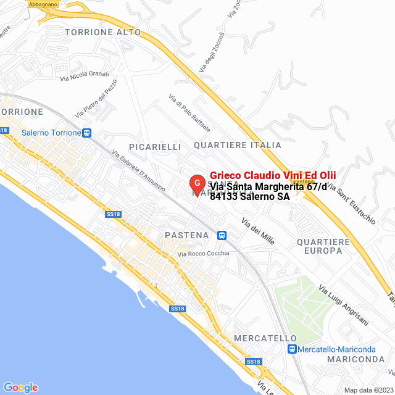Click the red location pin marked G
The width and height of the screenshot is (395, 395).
click(196, 183)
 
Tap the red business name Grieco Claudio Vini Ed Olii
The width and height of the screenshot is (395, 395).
click(273, 175)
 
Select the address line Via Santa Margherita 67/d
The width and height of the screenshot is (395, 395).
click(268, 186)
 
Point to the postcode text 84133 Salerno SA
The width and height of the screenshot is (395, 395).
click(249, 197)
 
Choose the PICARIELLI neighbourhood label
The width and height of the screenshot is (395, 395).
click(155, 146)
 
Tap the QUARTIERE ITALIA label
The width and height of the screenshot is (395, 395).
click(238, 145)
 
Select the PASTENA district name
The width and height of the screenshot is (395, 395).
click(187, 235)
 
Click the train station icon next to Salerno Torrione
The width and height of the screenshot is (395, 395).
click(88, 133)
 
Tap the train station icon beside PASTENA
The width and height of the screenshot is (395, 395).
click(222, 235)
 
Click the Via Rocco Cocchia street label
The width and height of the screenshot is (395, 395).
click(203, 254)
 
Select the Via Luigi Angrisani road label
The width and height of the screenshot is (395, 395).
click(344, 305)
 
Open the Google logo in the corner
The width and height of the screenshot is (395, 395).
click(20, 387)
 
